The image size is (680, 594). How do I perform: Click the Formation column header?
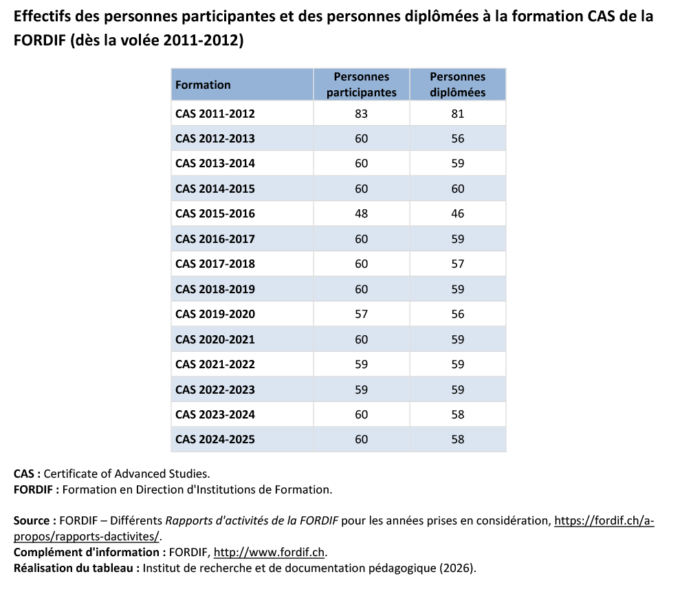pos(203,85)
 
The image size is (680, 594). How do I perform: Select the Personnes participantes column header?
pos(361,85)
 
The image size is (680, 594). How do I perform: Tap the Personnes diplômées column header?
pos(457,85)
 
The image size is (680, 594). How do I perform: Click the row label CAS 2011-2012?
pos(215,114)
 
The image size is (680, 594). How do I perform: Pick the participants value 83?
pos(361,114)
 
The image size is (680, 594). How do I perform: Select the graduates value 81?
pos(457,114)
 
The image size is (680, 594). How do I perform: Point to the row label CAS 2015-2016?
pos(215,213)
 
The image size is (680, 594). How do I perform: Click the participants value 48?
pos(361,213)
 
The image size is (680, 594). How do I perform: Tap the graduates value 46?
pos(457,213)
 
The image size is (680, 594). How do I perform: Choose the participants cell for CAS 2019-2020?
pos(361,314)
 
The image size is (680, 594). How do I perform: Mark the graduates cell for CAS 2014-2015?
pos(457,189)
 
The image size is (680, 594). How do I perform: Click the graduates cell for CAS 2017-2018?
pos(457,264)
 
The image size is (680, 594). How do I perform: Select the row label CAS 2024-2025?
pos(215,439)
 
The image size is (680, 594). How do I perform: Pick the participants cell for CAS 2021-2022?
pos(361,364)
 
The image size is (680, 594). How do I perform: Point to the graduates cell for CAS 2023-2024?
pos(457,414)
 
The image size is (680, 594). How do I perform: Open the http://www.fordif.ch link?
pos(270,552)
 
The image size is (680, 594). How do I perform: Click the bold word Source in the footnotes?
pos(31,520)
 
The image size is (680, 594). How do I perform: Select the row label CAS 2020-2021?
pos(215,339)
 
